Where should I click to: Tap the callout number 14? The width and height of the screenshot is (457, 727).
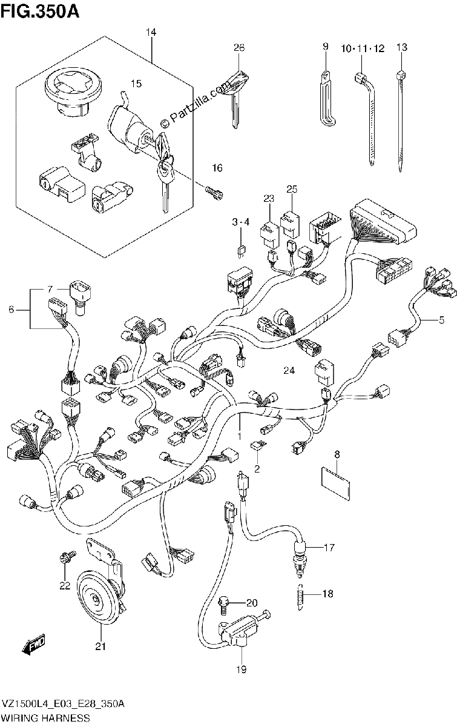tap(151, 32)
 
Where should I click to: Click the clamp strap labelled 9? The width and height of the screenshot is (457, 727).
tap(327, 98)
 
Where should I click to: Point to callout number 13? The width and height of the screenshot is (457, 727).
tap(401, 47)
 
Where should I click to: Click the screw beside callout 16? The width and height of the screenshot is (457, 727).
tap(215, 194)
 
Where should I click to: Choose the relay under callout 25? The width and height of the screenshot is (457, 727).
tap(290, 225)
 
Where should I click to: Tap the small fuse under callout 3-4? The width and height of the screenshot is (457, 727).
tap(242, 252)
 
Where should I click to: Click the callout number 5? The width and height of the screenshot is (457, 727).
tap(441, 320)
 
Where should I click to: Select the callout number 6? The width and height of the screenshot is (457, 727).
tap(12, 310)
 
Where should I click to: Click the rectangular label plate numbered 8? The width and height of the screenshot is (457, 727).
tap(336, 489)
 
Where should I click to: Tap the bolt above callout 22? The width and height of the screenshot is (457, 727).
tap(67, 557)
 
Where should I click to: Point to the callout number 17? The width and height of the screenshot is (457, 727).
tap(329, 548)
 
